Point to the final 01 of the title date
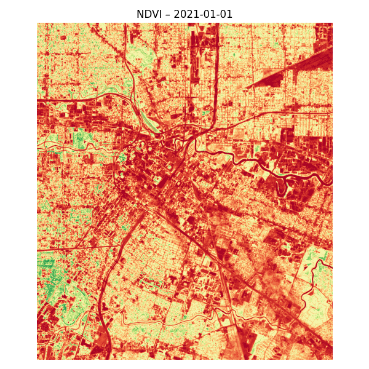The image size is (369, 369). coord(226,14)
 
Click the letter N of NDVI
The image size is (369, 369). coord(140,14)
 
